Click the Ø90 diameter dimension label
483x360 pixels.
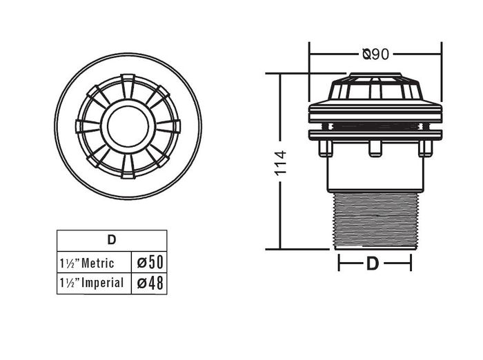[x=375, y=53]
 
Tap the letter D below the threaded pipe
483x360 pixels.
[x=373, y=263]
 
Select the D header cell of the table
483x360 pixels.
[x=111, y=240]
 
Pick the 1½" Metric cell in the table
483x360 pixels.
[x=93, y=263]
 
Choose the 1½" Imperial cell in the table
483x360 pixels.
[x=93, y=283]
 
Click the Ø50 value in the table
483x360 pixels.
[x=149, y=263]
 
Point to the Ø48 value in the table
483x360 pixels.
[x=149, y=283]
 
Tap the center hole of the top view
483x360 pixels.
[x=128, y=125]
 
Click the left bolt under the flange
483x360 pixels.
[x=326, y=147]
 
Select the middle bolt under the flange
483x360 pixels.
[x=375, y=148]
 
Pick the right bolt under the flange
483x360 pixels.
[x=426, y=147]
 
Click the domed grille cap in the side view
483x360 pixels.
[x=375, y=87]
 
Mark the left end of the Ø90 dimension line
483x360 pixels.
[x=309, y=53]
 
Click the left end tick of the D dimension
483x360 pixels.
[x=339, y=263]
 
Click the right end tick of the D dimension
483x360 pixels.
[x=411, y=263]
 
